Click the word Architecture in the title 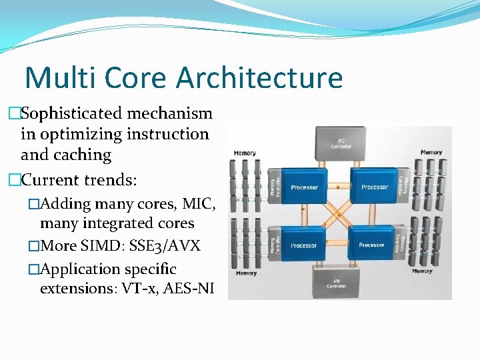tap(259, 78)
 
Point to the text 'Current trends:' tap(79, 179)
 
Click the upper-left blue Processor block tap(303, 185)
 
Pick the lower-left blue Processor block tap(303, 245)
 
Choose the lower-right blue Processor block tap(372, 245)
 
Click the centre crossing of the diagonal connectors tap(339, 215)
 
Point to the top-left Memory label tap(245, 153)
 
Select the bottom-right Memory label tap(422, 271)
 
